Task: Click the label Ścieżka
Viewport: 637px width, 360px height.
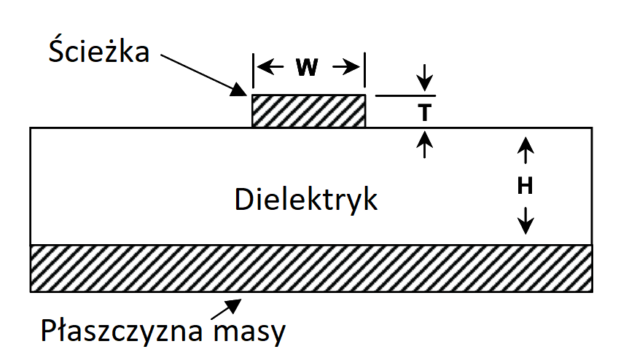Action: point(98,51)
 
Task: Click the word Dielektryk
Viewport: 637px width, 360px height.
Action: point(306,200)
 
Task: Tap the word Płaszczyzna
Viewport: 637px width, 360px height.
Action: point(122,331)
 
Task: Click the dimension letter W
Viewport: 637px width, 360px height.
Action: point(307,67)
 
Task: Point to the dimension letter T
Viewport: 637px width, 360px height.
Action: point(425,112)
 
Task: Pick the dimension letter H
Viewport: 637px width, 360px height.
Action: point(525,186)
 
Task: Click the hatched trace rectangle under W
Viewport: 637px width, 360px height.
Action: point(308,111)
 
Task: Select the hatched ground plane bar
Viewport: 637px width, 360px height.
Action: point(311,268)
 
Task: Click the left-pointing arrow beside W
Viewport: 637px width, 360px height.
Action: point(270,67)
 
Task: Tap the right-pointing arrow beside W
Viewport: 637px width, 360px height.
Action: point(346,67)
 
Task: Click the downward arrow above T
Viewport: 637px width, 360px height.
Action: point(425,77)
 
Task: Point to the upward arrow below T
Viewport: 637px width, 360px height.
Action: point(425,144)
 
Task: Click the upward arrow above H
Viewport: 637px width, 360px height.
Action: point(525,150)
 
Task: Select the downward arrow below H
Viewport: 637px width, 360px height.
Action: point(525,221)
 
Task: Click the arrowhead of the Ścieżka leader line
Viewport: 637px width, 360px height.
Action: point(239,90)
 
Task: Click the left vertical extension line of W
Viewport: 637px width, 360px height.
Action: point(253,70)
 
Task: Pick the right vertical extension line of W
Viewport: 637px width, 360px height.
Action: point(364,70)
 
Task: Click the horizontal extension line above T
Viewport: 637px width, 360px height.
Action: point(405,96)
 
